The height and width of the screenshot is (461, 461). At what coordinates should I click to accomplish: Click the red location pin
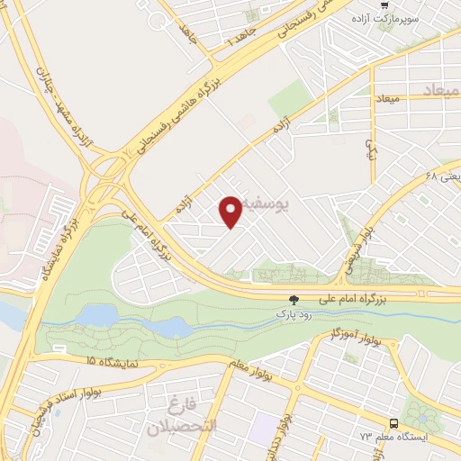point(231,211)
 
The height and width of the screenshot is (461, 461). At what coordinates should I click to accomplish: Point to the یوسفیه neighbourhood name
point(293,205)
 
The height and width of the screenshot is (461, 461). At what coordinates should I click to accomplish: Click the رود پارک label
point(293,313)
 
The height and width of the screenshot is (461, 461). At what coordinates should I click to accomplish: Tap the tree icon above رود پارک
point(293,300)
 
